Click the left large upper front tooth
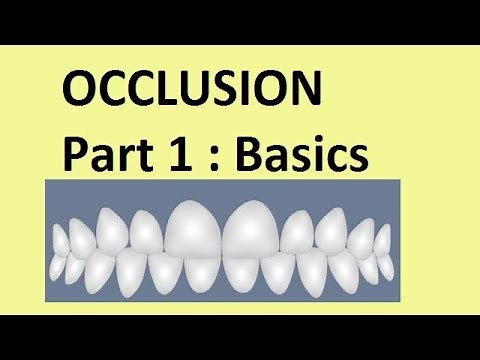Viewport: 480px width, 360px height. point(194,230)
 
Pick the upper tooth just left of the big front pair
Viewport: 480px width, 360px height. point(147,233)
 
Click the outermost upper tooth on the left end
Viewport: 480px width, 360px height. point(60,240)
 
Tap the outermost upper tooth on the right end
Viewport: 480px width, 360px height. point(385,240)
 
